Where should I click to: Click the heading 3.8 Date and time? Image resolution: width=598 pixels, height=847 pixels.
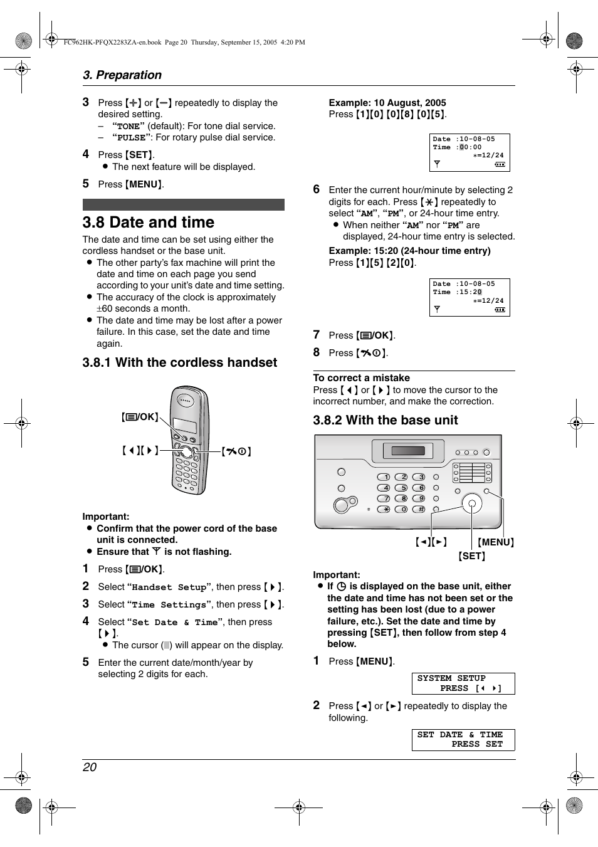click(149, 223)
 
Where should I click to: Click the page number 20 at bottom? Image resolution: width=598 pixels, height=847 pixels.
click(90, 767)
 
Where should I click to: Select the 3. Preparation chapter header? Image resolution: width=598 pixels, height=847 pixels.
click(122, 75)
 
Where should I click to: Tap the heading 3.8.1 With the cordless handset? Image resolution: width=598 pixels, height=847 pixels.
click(179, 362)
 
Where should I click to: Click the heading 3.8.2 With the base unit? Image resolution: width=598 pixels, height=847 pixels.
click(386, 420)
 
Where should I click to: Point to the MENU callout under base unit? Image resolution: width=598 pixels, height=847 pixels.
click(495, 542)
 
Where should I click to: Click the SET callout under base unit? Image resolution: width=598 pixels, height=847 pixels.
click(471, 556)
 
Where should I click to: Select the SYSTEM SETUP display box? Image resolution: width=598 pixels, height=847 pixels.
click(463, 683)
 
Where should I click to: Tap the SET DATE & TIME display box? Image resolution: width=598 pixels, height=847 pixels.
click(463, 740)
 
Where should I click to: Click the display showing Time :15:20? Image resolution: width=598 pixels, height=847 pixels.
click(469, 297)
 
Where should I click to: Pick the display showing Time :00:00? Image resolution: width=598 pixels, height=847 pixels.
click(469, 152)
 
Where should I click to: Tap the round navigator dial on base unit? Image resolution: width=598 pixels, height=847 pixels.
click(472, 503)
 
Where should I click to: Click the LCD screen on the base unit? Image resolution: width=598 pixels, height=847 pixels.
click(408, 451)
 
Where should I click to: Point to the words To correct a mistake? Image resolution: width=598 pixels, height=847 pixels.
click(361, 378)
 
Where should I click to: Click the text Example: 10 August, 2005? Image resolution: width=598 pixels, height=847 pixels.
click(387, 103)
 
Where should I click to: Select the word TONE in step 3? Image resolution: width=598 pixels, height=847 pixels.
click(129, 127)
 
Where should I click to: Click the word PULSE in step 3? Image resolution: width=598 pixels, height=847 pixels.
click(132, 138)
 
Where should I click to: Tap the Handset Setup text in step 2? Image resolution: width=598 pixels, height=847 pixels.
click(169, 587)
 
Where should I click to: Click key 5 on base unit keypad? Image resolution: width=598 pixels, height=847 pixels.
click(402, 488)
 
